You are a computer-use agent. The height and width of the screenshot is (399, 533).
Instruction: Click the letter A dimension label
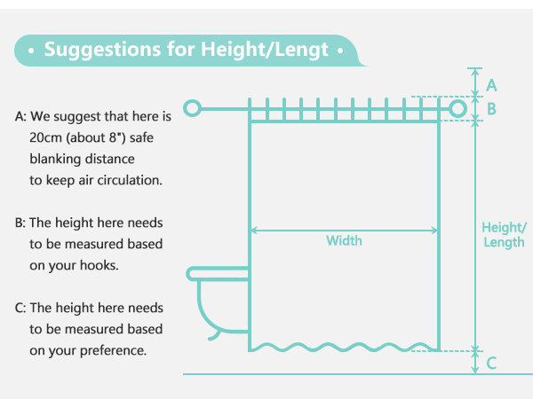[491, 85]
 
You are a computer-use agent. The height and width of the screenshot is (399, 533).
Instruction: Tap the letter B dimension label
[491, 109]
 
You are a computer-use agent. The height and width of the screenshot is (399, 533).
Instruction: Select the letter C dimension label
[491, 363]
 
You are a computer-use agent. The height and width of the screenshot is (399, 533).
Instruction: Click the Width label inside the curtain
[344, 240]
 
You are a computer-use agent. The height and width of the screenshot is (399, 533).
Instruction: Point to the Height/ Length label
[504, 235]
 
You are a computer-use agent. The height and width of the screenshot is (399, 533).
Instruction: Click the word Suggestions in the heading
[102, 50]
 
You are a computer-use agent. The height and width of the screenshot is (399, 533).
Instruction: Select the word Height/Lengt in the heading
[265, 50]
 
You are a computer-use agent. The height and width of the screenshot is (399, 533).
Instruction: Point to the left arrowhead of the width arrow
[253, 231]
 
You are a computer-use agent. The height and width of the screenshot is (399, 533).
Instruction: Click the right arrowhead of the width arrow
[434, 231]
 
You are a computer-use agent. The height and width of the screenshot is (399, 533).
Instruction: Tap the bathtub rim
[218, 274]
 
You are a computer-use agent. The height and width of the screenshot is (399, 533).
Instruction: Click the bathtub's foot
[215, 336]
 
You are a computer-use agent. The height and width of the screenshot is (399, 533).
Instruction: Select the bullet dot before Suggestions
[31, 51]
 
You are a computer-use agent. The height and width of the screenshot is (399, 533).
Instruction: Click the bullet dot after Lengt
[340, 51]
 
